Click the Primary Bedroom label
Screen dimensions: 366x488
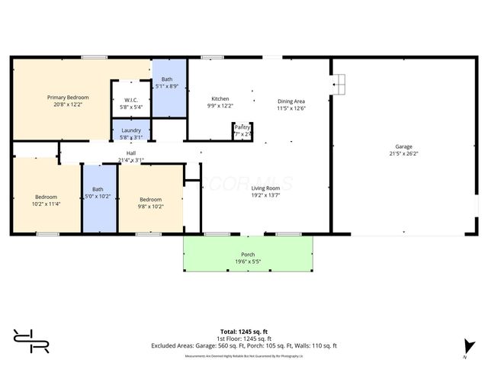(68, 98)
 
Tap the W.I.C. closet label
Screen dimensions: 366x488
(130, 99)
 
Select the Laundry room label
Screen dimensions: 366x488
(131, 130)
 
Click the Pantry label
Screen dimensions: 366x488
(242, 127)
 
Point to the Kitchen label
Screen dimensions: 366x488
(220, 98)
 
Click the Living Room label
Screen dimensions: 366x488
(267, 188)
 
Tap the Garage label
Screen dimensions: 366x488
(403, 146)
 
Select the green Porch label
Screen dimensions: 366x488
(248, 254)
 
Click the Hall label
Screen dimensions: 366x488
(131, 152)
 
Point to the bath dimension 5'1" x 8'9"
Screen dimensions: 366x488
(167, 86)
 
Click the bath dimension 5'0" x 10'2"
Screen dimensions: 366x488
(98, 197)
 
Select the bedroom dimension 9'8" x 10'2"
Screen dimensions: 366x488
(150, 206)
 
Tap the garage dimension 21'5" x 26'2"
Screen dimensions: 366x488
(403, 153)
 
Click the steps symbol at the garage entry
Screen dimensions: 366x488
(339, 81)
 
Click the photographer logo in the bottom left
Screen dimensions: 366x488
(31, 341)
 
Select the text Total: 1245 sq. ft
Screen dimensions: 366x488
(244, 332)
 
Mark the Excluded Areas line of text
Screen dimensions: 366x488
(244, 345)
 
